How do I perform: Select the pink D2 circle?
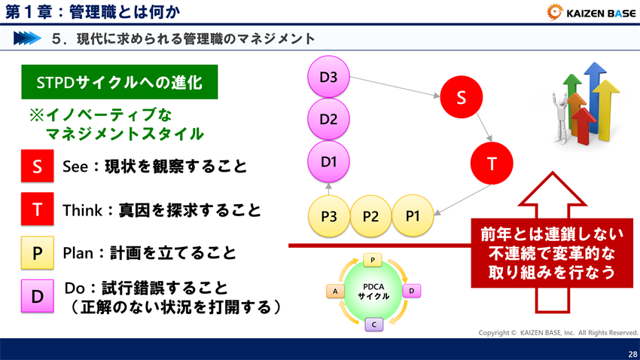tap(328, 119)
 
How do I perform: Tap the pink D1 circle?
tap(328, 161)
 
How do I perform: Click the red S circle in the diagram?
tap(462, 98)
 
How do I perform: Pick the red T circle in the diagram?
tap(491, 162)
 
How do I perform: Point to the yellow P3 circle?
tap(328, 216)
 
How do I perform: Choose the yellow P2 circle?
tap(370, 216)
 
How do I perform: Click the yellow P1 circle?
tap(413, 215)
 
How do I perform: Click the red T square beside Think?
tap(37, 210)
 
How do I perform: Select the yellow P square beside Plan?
tap(37, 254)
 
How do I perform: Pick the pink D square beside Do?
tap(37, 297)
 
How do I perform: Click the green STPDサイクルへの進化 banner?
tap(119, 83)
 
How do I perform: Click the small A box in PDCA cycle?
tap(334, 290)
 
